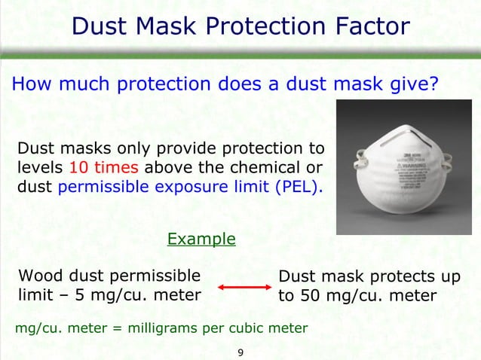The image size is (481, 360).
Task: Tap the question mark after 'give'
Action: point(434,84)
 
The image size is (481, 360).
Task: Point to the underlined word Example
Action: point(201,239)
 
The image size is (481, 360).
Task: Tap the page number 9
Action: point(240,352)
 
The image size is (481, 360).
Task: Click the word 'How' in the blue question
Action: point(29,84)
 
